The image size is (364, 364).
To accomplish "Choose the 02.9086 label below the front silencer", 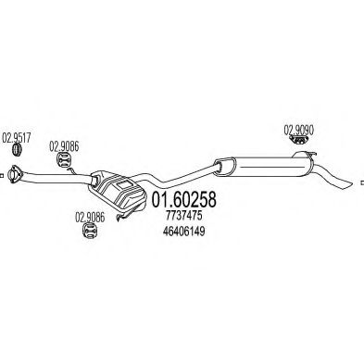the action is pyautogui.click(x=90, y=219).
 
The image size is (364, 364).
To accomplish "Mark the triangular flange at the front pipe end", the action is pyautogui.click(x=14, y=172).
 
